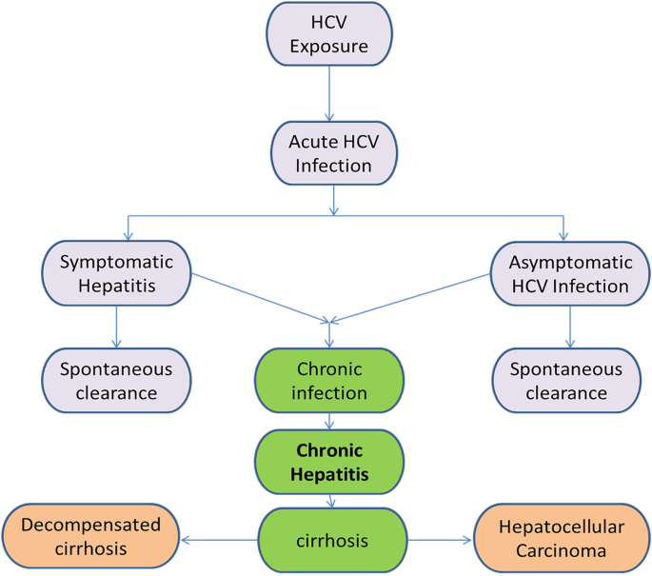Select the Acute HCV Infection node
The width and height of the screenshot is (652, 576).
[329, 152]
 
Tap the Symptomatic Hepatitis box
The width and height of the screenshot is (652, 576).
[116, 272]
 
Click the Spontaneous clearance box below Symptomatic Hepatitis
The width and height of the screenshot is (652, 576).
[116, 381]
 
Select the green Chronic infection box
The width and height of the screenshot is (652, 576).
[329, 381]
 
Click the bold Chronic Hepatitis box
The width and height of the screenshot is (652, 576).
[329, 460]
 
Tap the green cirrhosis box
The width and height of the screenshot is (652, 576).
[329, 541]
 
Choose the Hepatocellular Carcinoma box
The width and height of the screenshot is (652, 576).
[562, 539]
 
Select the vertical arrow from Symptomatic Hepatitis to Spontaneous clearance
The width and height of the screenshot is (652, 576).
[116, 326]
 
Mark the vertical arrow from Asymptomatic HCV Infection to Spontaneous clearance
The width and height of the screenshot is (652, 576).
[569, 326]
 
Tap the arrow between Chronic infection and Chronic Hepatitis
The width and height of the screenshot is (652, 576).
[329, 421]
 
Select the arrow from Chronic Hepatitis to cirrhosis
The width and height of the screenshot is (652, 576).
[329, 501]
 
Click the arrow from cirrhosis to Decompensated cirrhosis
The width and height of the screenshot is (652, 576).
[219, 541]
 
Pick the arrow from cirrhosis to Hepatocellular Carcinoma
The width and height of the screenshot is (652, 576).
[438, 541]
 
